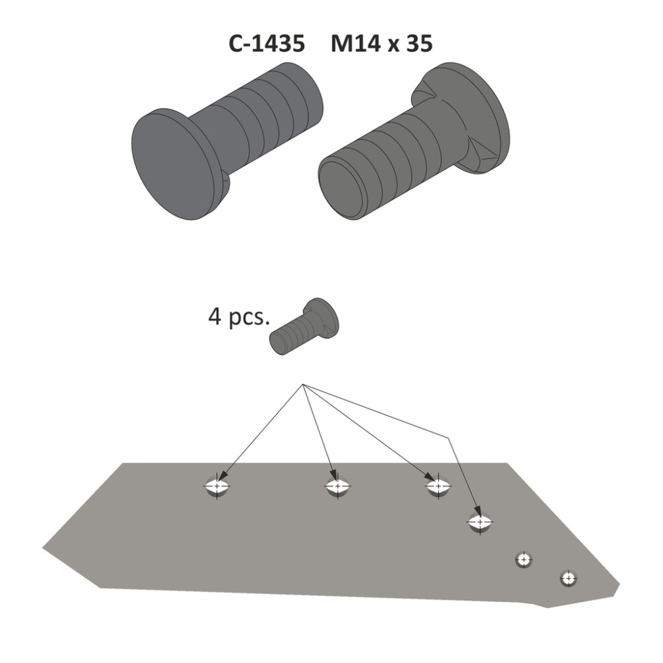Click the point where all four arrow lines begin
(x=303, y=385)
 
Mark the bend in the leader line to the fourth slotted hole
(x=448, y=438)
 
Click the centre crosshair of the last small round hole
(x=568, y=577)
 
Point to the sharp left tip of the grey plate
(x=42, y=548)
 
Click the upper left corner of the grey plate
(x=123, y=463)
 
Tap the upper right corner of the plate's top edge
(x=507, y=463)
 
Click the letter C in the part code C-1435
(x=236, y=44)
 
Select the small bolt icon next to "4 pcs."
(x=304, y=326)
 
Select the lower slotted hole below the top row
(x=480, y=522)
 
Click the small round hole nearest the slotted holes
(x=524, y=560)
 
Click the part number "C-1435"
(x=267, y=44)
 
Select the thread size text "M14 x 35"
(x=382, y=44)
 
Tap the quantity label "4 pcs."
(x=239, y=317)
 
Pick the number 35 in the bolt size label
(x=420, y=44)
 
